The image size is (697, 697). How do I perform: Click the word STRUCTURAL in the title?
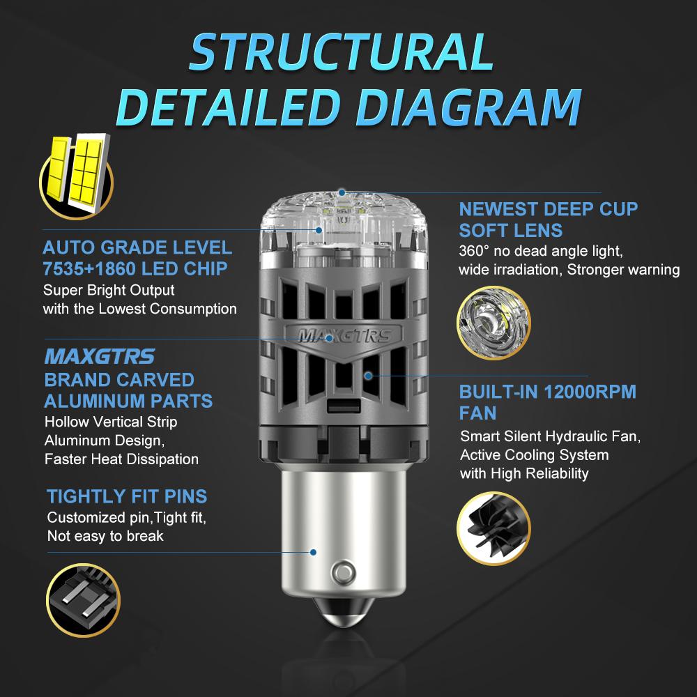pyautogui.click(x=342, y=52)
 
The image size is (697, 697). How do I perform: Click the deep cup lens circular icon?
pyautogui.click(x=493, y=323)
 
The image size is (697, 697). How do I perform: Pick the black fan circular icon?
pyautogui.click(x=493, y=528)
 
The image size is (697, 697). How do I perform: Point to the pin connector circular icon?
pyautogui.click(x=83, y=600)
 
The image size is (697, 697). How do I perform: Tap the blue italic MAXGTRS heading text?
pyautogui.click(x=100, y=356)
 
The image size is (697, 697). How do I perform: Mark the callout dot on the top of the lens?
pyautogui.click(x=342, y=192)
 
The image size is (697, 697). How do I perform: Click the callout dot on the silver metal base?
pyautogui.click(x=314, y=552)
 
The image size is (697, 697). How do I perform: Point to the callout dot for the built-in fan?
pyautogui.click(x=368, y=376)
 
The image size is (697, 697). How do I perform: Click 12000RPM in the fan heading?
pyautogui.click(x=590, y=392)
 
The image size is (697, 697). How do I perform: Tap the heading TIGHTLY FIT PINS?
pyautogui.click(x=127, y=496)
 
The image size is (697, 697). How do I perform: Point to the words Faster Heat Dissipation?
pyautogui.click(x=121, y=459)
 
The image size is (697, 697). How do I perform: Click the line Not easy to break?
pyautogui.click(x=105, y=536)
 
